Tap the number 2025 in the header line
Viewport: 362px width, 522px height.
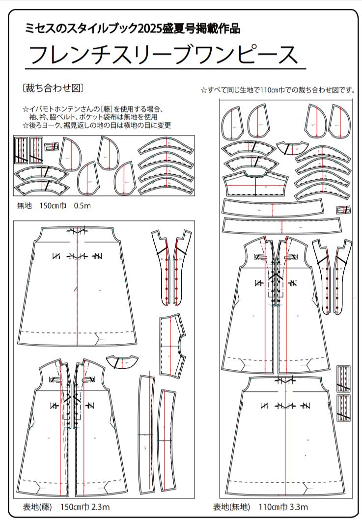[x=154, y=28]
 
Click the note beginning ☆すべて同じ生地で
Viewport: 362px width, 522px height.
[x=278, y=90]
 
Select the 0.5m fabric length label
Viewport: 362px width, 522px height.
[x=82, y=206]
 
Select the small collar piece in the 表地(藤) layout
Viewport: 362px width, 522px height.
[x=120, y=361]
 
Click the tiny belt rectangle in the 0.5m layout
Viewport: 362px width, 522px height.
[x=51, y=146]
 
